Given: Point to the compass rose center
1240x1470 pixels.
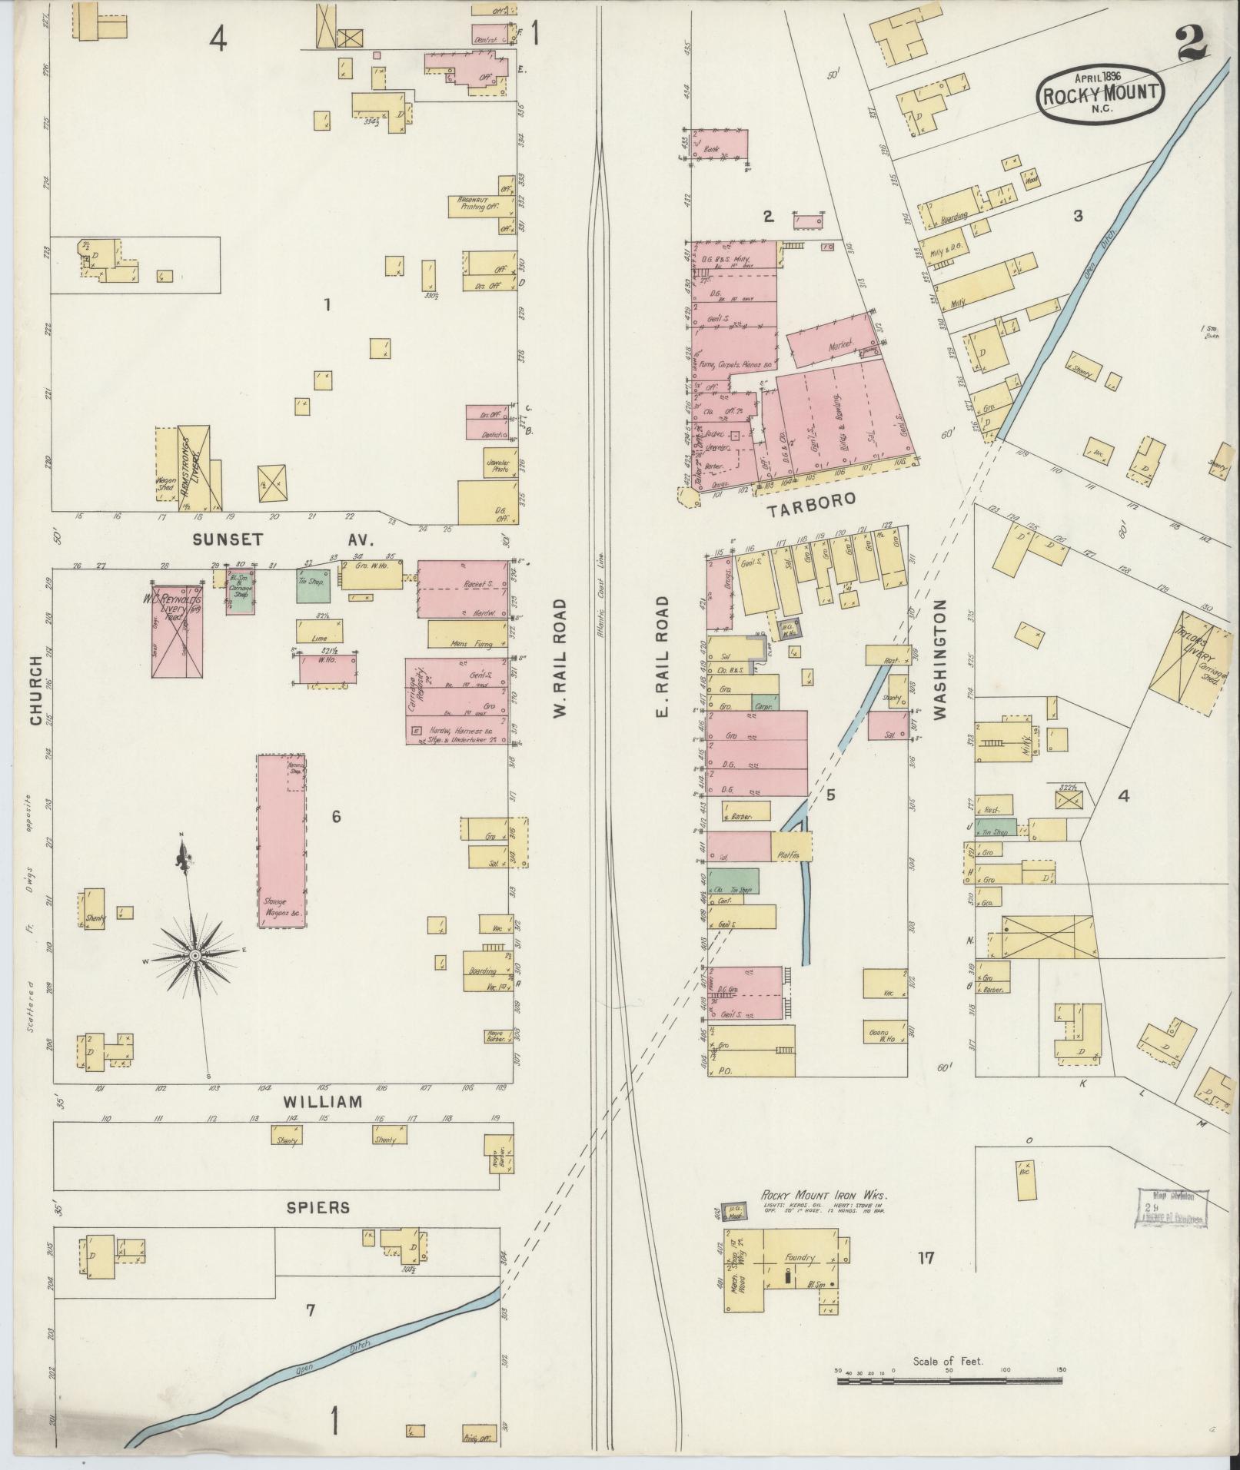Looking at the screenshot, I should pos(196,954).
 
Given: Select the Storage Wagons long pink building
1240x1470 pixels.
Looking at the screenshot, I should pos(281,841).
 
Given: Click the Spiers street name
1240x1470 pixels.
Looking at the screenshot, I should pos(318,1207).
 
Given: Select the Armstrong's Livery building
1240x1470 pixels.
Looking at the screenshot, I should pos(193,469).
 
